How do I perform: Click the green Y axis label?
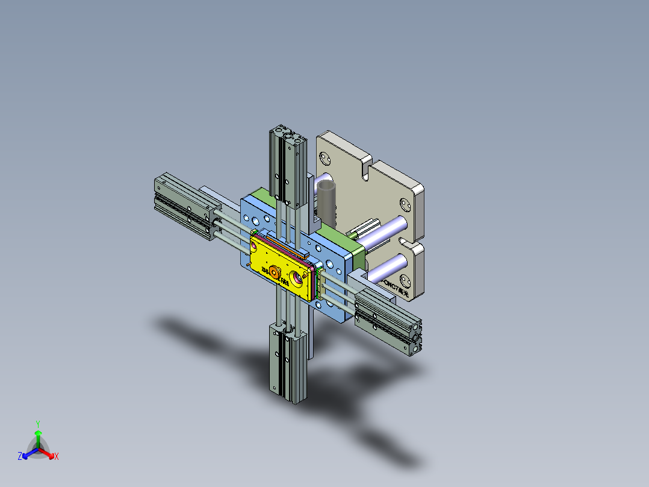pyautogui.click(x=37, y=423)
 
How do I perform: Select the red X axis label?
pyautogui.click(x=57, y=457)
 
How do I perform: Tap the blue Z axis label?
pyautogui.click(x=20, y=457)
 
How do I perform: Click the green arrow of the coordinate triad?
pyautogui.click(x=38, y=436)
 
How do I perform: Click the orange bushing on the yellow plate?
pyautogui.click(x=275, y=272)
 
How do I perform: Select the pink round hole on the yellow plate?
pyautogui.click(x=297, y=278)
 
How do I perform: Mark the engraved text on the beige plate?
pyautogui.click(x=394, y=287)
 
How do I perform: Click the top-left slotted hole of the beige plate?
pyautogui.click(x=326, y=159)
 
